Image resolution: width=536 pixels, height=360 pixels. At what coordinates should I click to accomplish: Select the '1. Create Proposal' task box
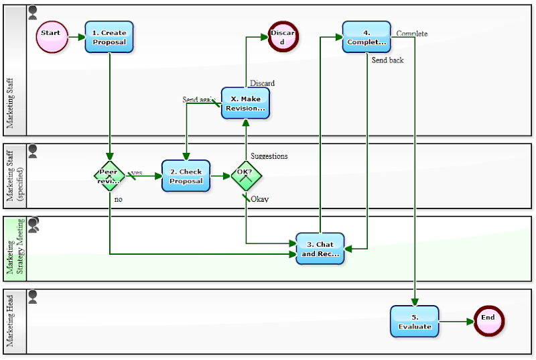pyautogui.click(x=109, y=36)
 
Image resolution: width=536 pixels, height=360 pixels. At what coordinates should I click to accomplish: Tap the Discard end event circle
pyautogui.click(x=283, y=37)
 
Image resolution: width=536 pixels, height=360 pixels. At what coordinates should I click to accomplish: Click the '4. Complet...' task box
pyautogui.click(x=366, y=37)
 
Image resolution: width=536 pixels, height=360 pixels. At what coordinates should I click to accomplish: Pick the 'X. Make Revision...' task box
pyautogui.click(x=245, y=103)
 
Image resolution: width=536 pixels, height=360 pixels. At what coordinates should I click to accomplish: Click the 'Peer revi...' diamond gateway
pyautogui.click(x=109, y=176)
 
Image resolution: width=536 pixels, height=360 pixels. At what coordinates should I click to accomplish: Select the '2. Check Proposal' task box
pyautogui.click(x=186, y=176)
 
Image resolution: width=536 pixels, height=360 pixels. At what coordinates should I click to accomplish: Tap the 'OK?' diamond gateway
pyautogui.click(x=246, y=176)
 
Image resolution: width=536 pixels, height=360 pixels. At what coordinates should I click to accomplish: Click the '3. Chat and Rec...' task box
pyautogui.click(x=320, y=249)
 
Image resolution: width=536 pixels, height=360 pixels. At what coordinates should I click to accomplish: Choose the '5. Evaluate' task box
pyautogui.click(x=414, y=321)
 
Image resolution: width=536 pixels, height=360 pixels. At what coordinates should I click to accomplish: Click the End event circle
pyautogui.click(x=488, y=320)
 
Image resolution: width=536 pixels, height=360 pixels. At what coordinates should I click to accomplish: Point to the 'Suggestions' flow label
pyautogui.click(x=269, y=156)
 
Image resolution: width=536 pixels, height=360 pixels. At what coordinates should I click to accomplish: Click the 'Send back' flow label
pyautogui.click(x=388, y=60)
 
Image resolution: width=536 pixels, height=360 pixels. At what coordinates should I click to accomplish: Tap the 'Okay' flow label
pyautogui.click(x=259, y=199)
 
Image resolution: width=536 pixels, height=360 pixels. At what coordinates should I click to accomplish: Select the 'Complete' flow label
pyautogui.click(x=411, y=34)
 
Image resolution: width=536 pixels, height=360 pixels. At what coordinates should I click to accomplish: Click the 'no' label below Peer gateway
pyautogui.click(x=119, y=199)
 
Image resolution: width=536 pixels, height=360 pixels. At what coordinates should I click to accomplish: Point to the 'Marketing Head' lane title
pyautogui.click(x=11, y=322)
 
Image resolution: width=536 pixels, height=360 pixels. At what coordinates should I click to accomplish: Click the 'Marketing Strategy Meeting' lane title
pyautogui.click(x=15, y=248)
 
